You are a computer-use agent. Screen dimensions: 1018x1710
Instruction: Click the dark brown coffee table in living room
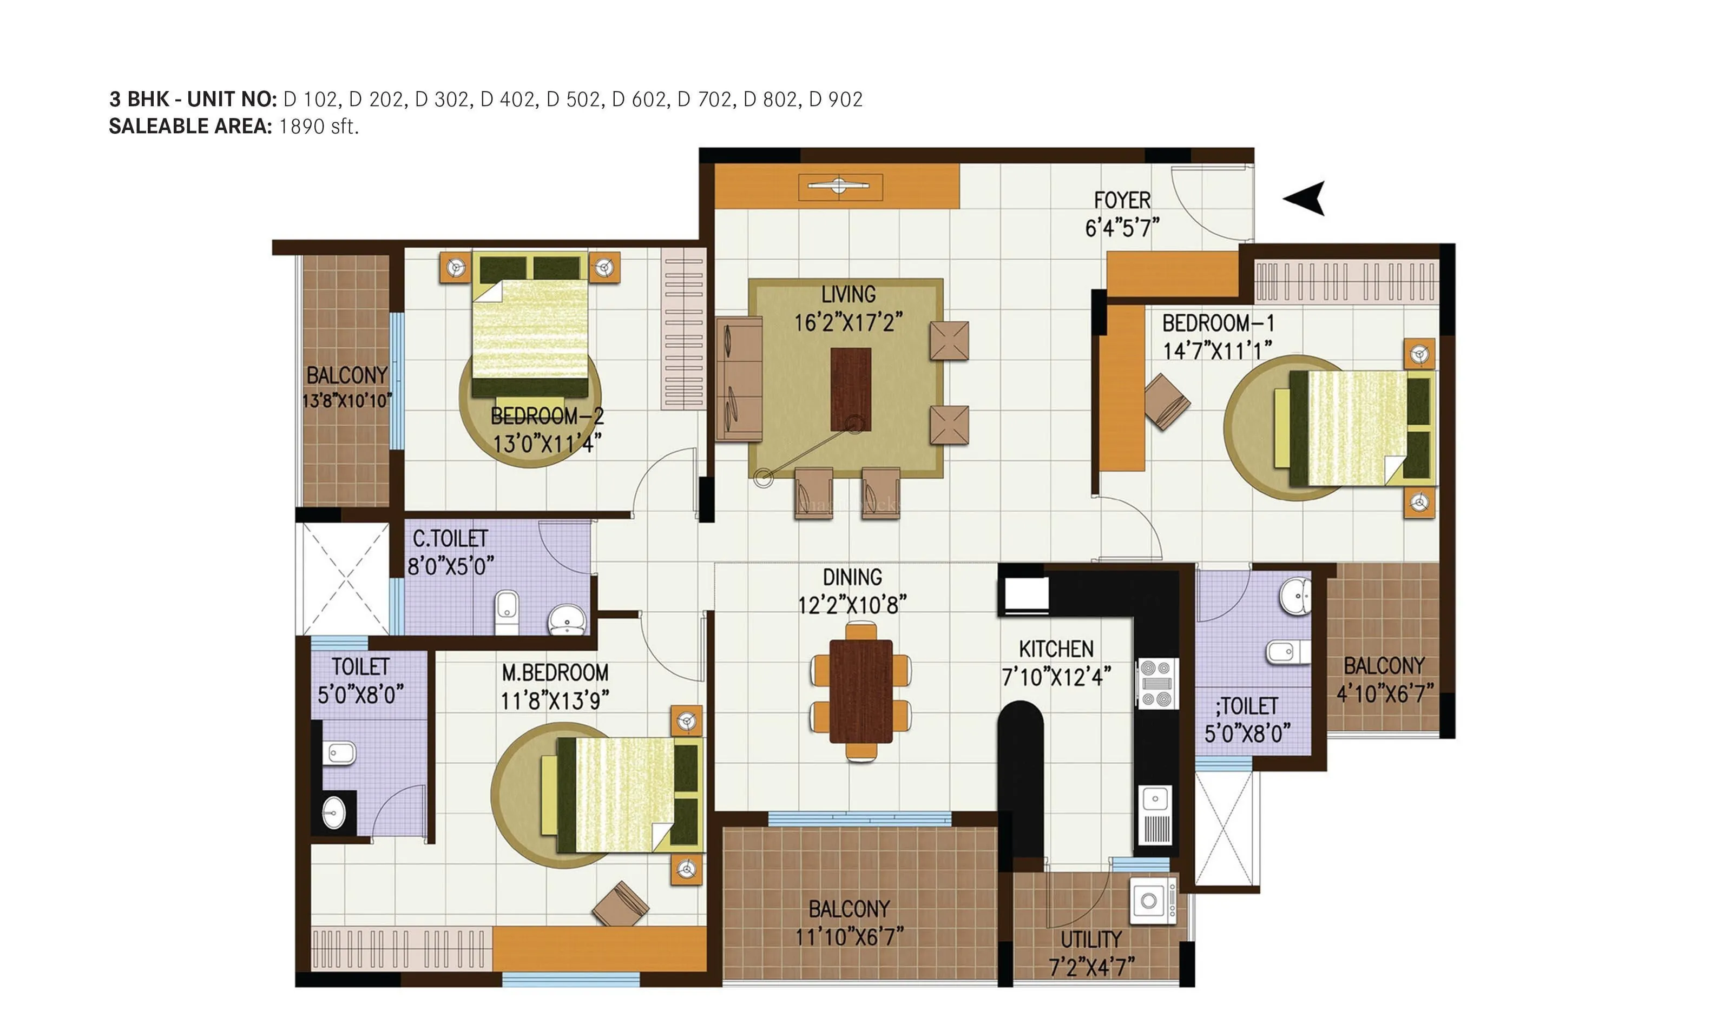(x=851, y=389)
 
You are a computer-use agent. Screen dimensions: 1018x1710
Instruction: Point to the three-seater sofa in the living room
(x=739, y=378)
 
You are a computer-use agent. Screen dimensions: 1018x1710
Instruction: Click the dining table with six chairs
(x=861, y=691)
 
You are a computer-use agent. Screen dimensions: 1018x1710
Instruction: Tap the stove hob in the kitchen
(x=1157, y=683)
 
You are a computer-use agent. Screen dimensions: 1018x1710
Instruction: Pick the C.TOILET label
(x=450, y=539)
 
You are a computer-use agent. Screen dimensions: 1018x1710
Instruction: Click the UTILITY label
(x=1091, y=939)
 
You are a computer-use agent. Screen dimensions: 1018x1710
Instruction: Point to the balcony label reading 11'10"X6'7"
(x=849, y=936)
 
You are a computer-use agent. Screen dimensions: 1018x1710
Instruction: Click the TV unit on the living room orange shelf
(x=840, y=186)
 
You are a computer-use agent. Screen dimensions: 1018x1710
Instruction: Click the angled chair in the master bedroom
(x=620, y=904)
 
